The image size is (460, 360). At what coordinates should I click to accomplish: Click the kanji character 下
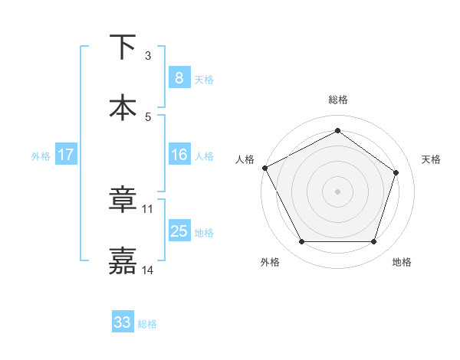click(x=123, y=47)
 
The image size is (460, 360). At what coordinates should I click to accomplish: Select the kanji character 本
click(x=123, y=107)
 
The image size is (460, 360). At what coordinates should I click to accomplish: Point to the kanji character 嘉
click(x=123, y=260)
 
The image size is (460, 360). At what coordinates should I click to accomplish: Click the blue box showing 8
click(x=179, y=78)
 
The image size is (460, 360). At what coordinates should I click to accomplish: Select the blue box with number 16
click(x=179, y=155)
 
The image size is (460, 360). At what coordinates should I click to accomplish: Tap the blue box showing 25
click(x=179, y=231)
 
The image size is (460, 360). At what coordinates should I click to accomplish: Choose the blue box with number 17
click(x=66, y=155)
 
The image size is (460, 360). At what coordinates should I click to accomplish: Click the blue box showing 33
click(x=123, y=322)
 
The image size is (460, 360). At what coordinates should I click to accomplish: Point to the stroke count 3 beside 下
click(x=148, y=56)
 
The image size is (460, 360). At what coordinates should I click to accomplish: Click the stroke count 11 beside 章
click(x=148, y=208)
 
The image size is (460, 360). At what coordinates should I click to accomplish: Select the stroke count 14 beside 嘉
click(x=148, y=270)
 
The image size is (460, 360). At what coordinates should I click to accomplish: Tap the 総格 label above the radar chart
click(x=338, y=100)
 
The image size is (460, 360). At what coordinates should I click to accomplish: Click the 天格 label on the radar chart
click(x=432, y=159)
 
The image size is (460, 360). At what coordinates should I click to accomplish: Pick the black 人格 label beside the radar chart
click(x=245, y=159)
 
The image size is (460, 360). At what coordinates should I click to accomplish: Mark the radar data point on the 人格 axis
click(x=264, y=168)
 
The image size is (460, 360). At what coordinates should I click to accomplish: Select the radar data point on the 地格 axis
click(x=374, y=242)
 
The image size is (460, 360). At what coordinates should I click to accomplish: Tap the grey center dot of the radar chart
click(x=338, y=191)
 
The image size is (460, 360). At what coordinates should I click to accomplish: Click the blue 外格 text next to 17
click(x=40, y=155)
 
